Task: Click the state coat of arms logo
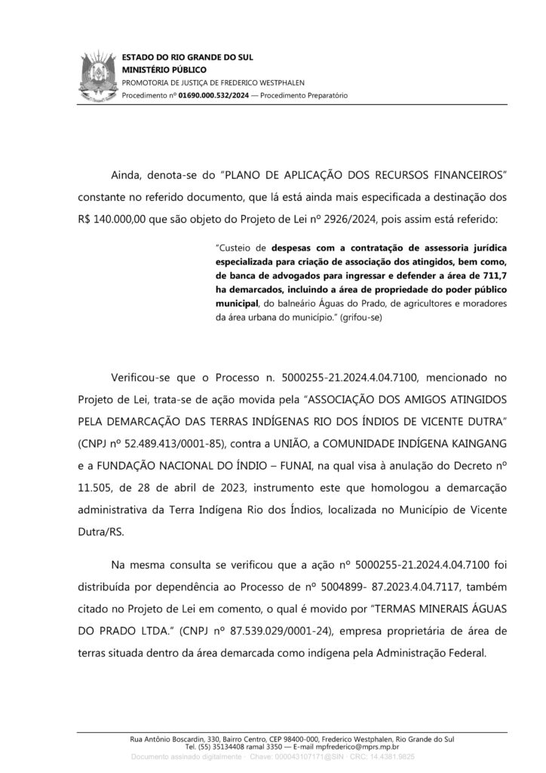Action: pyautogui.click(x=96, y=75)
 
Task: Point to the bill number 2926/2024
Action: pyautogui.click(x=404, y=219)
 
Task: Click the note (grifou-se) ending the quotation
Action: pyautogui.click(x=362, y=318)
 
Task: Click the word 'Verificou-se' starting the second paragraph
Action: pyautogui.click(x=143, y=394)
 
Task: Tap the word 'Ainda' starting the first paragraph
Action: pyautogui.click(x=127, y=176)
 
